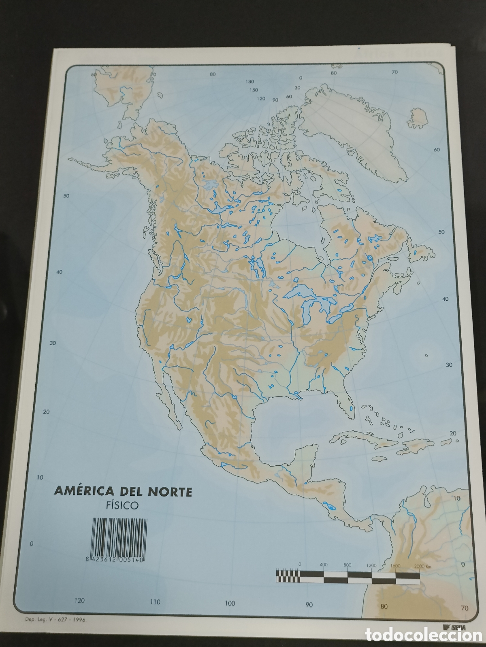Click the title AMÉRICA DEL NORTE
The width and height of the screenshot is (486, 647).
123,492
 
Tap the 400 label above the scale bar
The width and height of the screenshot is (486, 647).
323,565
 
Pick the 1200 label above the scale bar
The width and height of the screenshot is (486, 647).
371,565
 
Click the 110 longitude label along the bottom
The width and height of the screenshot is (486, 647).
155,602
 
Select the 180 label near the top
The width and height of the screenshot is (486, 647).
249,81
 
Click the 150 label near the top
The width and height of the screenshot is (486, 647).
254,90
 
